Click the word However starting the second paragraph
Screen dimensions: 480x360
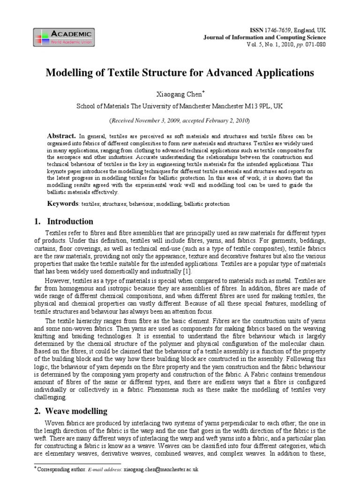(x=60, y=280)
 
